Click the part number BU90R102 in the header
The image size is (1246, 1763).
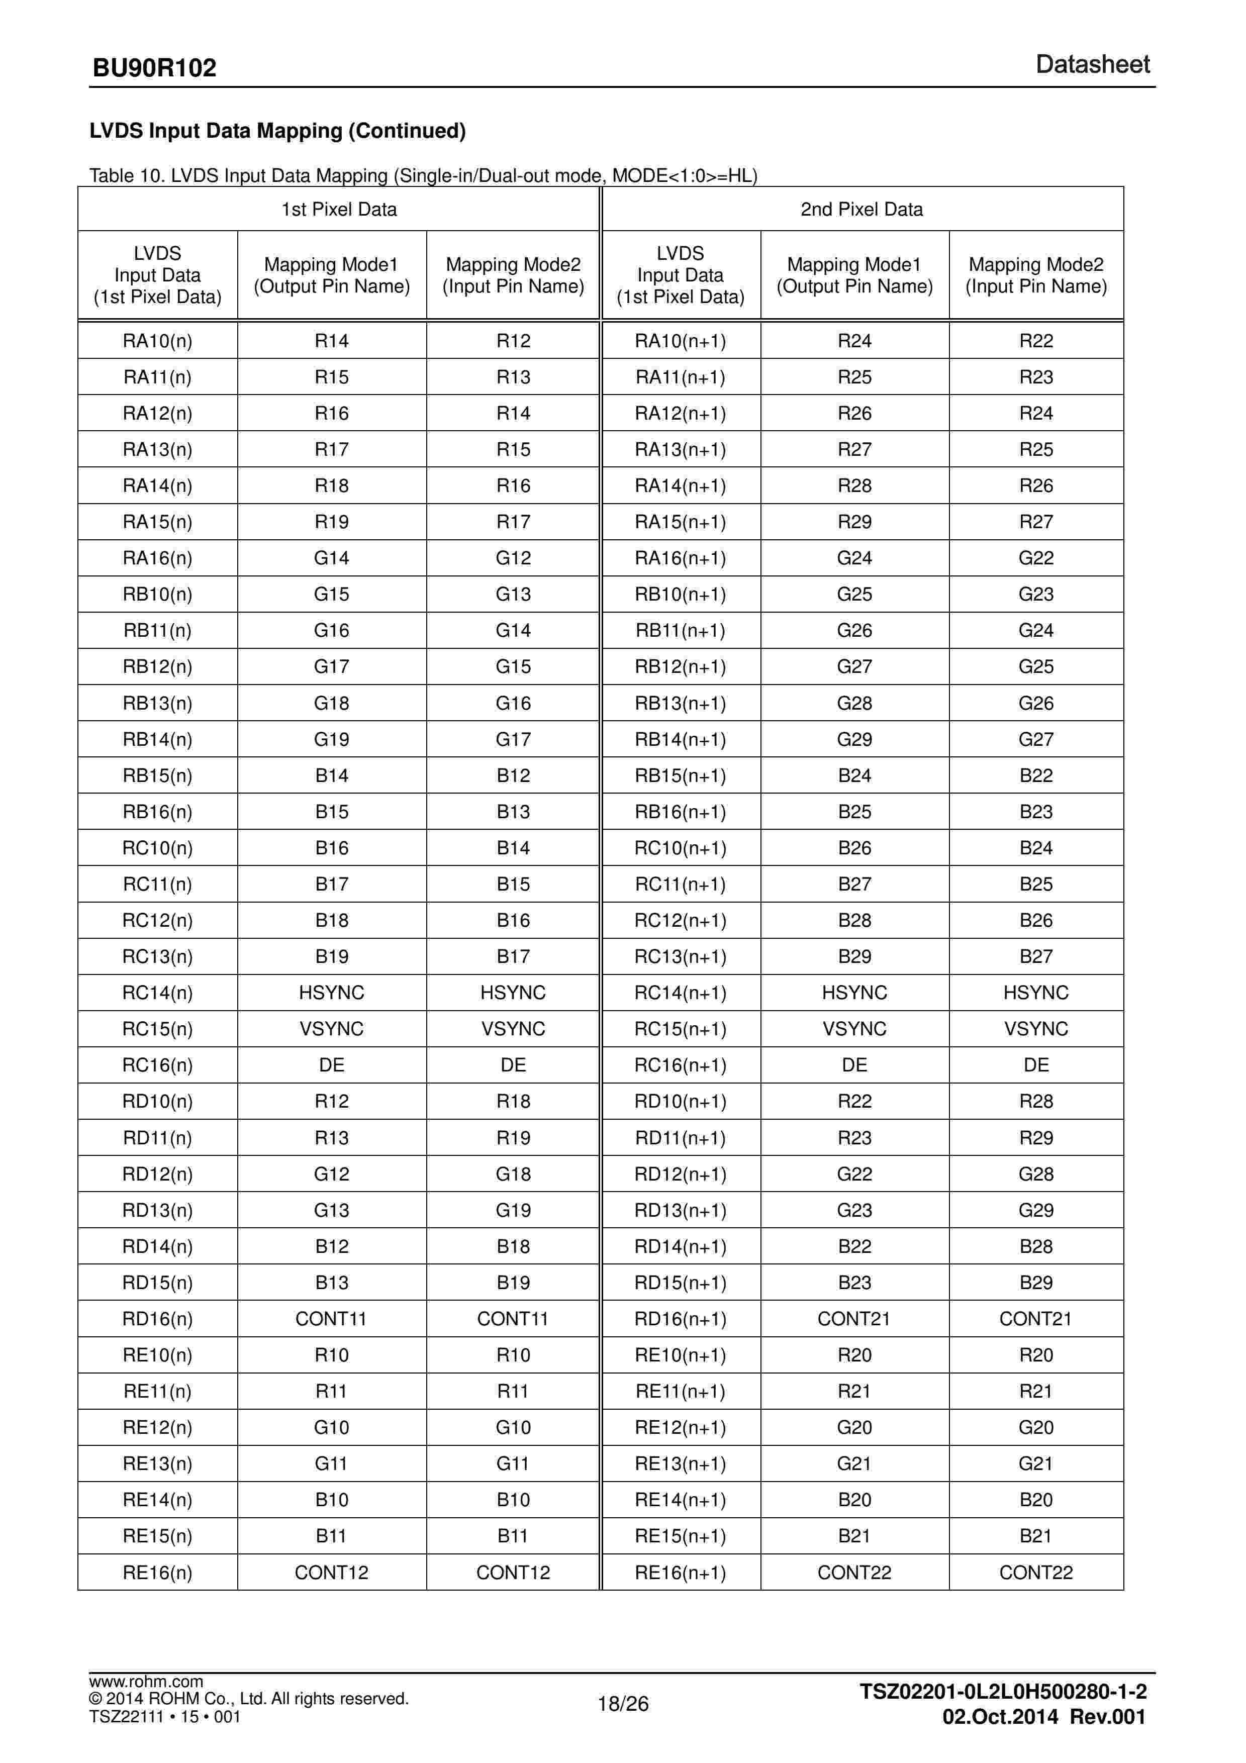pos(154,68)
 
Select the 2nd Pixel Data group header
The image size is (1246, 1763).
pos(861,210)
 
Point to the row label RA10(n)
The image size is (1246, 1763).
pos(157,341)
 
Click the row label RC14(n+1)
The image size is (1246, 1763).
pos(680,993)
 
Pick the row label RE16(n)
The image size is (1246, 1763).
pos(157,1573)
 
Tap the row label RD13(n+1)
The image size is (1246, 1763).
pos(680,1210)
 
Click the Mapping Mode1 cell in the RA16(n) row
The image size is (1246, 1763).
pos(332,558)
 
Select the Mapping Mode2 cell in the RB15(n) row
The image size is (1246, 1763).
pos(513,775)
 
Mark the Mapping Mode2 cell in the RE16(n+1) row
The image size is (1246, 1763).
pos(1035,1573)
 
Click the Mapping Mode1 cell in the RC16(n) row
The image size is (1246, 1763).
pos(332,1065)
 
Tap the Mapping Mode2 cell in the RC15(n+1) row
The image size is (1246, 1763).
pos(1035,1029)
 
